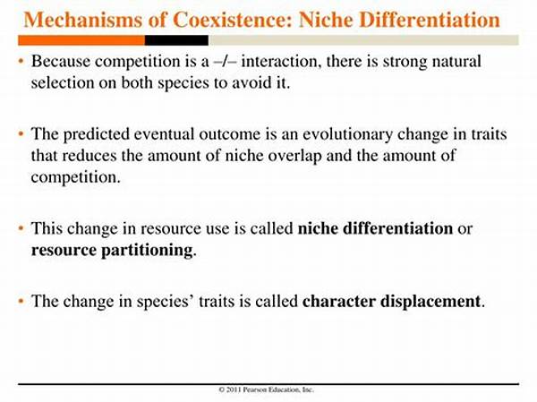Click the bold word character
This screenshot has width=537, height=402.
tap(337, 301)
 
